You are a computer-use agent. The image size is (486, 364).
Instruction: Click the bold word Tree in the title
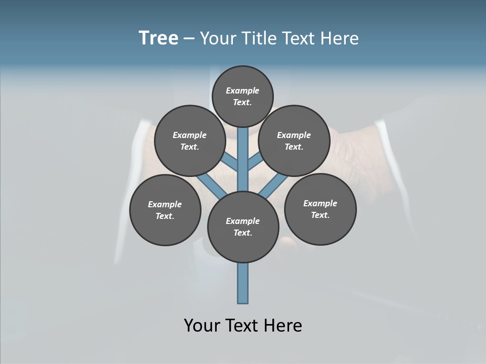point(158,38)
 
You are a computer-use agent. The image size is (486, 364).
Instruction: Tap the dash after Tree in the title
point(189,39)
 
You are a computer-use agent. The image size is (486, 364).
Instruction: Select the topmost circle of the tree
point(242,96)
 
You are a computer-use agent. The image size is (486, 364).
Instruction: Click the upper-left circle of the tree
point(190,141)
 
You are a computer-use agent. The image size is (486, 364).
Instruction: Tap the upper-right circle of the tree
point(294,141)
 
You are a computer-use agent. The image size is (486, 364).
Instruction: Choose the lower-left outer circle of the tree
point(165,210)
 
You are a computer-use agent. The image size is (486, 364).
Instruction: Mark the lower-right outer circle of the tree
point(320,209)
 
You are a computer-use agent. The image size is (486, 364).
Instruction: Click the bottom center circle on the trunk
point(243,226)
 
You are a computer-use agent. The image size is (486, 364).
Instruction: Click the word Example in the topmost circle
point(242,90)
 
